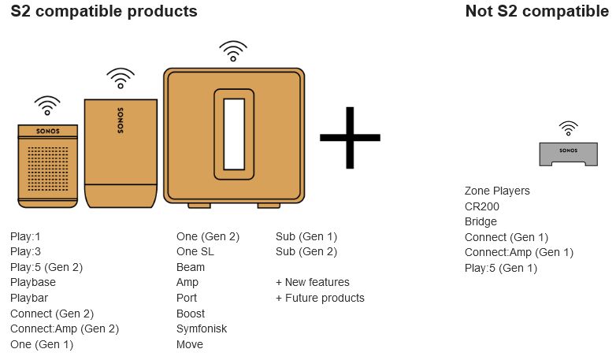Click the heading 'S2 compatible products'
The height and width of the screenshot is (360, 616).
pyautogui.click(x=104, y=12)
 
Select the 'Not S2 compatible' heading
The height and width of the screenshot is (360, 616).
pyautogui.click(x=537, y=12)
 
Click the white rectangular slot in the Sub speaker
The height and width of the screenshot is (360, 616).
pyautogui.click(x=234, y=135)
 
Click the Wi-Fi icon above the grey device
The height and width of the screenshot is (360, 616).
pyautogui.click(x=568, y=128)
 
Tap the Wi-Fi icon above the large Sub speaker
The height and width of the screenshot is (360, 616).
pyautogui.click(x=232, y=52)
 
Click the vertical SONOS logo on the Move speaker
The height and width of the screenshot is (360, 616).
pyautogui.click(x=121, y=119)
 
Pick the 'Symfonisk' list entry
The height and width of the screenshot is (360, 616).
pyautogui.click(x=202, y=328)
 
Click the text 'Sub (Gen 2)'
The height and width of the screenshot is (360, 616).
pyautogui.click(x=306, y=252)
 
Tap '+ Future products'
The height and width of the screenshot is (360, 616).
pyautogui.click(x=320, y=298)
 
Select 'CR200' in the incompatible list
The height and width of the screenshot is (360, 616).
pyautogui.click(x=482, y=206)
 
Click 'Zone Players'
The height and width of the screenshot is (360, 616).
pyautogui.click(x=497, y=191)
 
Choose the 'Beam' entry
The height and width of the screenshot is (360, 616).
pyautogui.click(x=191, y=267)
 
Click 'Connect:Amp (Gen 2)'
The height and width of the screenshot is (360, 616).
pyautogui.click(x=65, y=328)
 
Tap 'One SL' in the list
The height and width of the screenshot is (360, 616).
pyautogui.click(x=195, y=252)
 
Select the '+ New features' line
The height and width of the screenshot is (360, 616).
pyautogui.click(x=313, y=282)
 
